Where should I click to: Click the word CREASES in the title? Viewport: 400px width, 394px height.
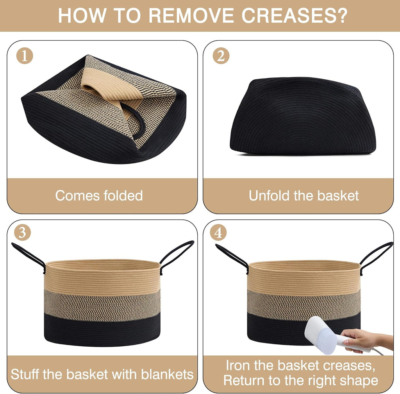[x=295, y=16]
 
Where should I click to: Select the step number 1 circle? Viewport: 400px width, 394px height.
[x=25, y=56]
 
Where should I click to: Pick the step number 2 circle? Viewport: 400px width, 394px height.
[x=221, y=56]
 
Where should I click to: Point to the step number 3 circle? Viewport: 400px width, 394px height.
[x=22, y=233]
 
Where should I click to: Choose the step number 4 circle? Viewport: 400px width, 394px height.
[x=218, y=233]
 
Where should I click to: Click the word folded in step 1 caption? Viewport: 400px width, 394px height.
[x=123, y=195]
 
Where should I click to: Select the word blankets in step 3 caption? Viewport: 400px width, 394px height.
[x=167, y=374]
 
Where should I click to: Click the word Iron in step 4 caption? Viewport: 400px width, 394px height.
[x=238, y=365]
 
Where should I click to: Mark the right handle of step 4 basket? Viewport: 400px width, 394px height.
[x=376, y=254]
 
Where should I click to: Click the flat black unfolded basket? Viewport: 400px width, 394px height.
[x=302, y=116]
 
